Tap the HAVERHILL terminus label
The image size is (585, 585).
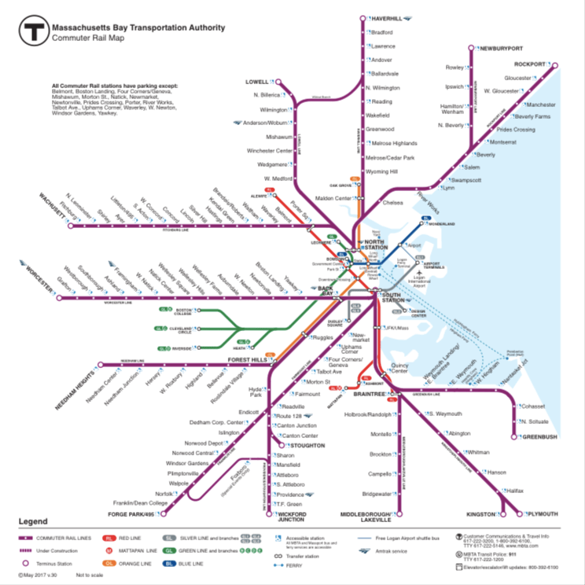click(x=387, y=17)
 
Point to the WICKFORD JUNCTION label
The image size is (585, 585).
click(x=292, y=517)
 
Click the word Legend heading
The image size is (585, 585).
click(x=34, y=521)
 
